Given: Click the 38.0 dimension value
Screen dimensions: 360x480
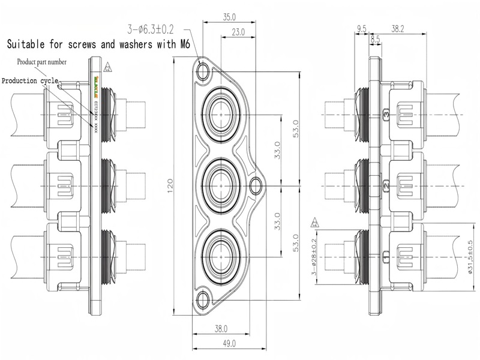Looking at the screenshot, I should pyautogui.click(x=221, y=328).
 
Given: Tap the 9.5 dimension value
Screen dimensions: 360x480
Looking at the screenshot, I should pyautogui.click(x=361, y=28).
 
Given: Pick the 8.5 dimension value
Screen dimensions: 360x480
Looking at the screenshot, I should pyautogui.click(x=375, y=39).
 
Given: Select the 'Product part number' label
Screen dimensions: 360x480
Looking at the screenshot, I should pyautogui.click(x=41, y=62).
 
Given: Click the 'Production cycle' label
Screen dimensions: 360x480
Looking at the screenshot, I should pyautogui.click(x=29, y=80).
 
